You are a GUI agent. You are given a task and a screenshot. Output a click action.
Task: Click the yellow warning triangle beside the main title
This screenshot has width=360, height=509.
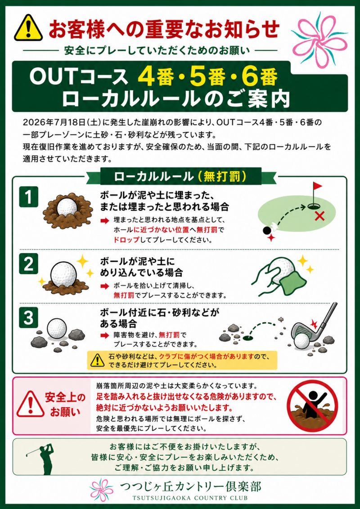[x=29, y=27]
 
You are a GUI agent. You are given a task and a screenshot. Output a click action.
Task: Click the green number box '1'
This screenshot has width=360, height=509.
[x=29, y=196]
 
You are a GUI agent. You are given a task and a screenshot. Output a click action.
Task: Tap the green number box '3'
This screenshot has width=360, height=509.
[x=29, y=318]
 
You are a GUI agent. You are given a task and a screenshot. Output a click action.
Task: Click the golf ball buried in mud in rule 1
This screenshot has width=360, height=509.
[x=66, y=207]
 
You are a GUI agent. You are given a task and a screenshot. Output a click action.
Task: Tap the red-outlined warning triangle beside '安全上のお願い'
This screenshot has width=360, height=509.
[x=31, y=405]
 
